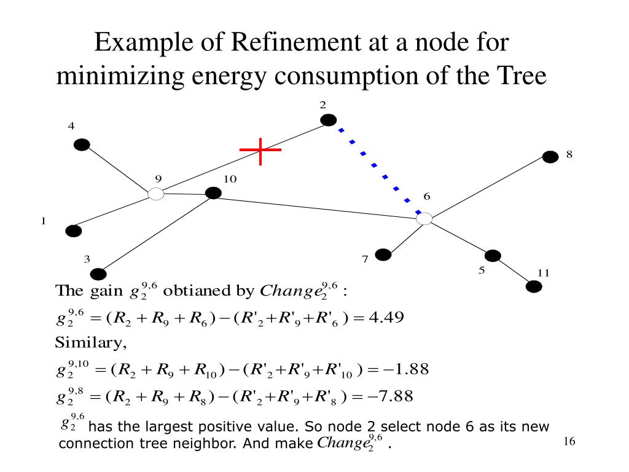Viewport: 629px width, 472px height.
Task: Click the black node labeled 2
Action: click(x=329, y=120)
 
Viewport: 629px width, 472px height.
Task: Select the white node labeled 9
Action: click(x=156, y=194)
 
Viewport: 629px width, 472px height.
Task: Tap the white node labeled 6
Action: click(x=424, y=218)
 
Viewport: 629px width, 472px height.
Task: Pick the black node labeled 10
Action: click(x=213, y=193)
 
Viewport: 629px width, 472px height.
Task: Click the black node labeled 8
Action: click(x=550, y=157)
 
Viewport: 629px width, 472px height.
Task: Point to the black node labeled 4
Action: click(x=82, y=144)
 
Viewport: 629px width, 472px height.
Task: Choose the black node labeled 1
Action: click(x=74, y=231)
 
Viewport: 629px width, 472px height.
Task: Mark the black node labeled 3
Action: click(x=98, y=274)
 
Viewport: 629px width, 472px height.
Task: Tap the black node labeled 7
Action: click(x=383, y=254)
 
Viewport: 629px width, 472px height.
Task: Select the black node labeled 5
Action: click(x=493, y=256)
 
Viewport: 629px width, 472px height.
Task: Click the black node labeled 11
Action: click(x=534, y=286)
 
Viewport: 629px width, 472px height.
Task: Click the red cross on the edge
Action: click(x=260, y=150)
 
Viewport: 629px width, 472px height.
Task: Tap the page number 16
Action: click(x=568, y=442)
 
